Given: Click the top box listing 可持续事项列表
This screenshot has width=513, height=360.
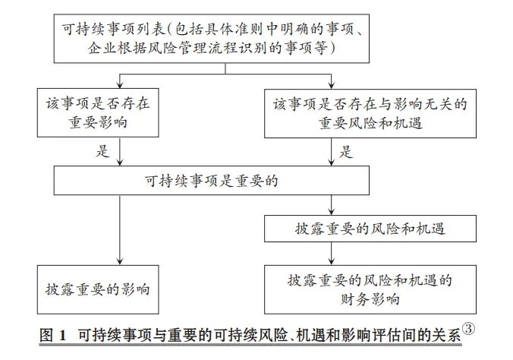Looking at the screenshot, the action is (x=212, y=38).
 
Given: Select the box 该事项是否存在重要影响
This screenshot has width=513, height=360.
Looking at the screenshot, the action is (x=98, y=112).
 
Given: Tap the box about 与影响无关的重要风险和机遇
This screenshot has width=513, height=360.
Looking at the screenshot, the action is (x=370, y=113).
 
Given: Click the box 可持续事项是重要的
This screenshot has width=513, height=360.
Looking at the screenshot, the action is (x=212, y=181).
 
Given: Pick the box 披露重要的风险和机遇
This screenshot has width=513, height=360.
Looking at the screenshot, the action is (x=370, y=229).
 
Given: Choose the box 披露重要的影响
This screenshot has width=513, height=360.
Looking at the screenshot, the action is (x=98, y=289).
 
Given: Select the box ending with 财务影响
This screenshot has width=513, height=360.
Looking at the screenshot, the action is (x=370, y=289).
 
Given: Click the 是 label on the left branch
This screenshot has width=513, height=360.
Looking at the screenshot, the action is (x=102, y=151).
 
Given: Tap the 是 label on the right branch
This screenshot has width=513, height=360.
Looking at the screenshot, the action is (x=346, y=152).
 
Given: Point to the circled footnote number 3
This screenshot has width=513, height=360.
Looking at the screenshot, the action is (x=468, y=329).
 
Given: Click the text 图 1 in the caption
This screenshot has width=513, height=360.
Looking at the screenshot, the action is (x=53, y=335).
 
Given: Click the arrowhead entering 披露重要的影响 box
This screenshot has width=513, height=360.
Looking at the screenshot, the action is (x=120, y=261).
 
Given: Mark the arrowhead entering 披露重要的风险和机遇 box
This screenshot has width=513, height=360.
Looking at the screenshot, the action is (x=332, y=211).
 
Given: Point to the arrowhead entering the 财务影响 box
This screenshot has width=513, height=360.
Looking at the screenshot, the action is (x=332, y=261).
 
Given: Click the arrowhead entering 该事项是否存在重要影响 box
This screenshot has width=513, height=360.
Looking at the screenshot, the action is (x=120, y=84).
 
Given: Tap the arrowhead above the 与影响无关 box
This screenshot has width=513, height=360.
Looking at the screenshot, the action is (x=332, y=85).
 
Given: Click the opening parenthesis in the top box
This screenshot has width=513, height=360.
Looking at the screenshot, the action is (x=171, y=30).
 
